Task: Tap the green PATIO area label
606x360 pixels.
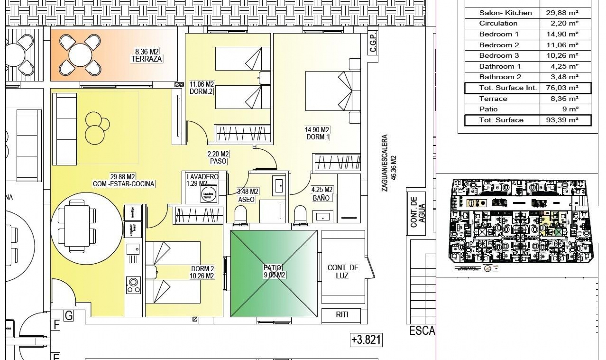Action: tap(273, 268)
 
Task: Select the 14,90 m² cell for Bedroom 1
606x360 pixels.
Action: tap(562, 34)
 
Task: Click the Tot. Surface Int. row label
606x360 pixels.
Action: tap(508, 88)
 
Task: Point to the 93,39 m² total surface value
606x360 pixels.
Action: tap(562, 120)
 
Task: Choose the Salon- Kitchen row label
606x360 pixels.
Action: tap(505, 13)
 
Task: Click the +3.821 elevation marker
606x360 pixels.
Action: tap(366, 340)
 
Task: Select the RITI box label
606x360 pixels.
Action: tap(342, 315)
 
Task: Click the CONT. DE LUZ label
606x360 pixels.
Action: tap(342, 272)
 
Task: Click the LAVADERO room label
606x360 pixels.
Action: tap(202, 177)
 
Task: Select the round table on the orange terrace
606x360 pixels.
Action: tap(80, 55)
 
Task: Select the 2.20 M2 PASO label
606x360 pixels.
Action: tap(218, 158)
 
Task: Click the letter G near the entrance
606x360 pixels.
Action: tap(68, 315)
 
